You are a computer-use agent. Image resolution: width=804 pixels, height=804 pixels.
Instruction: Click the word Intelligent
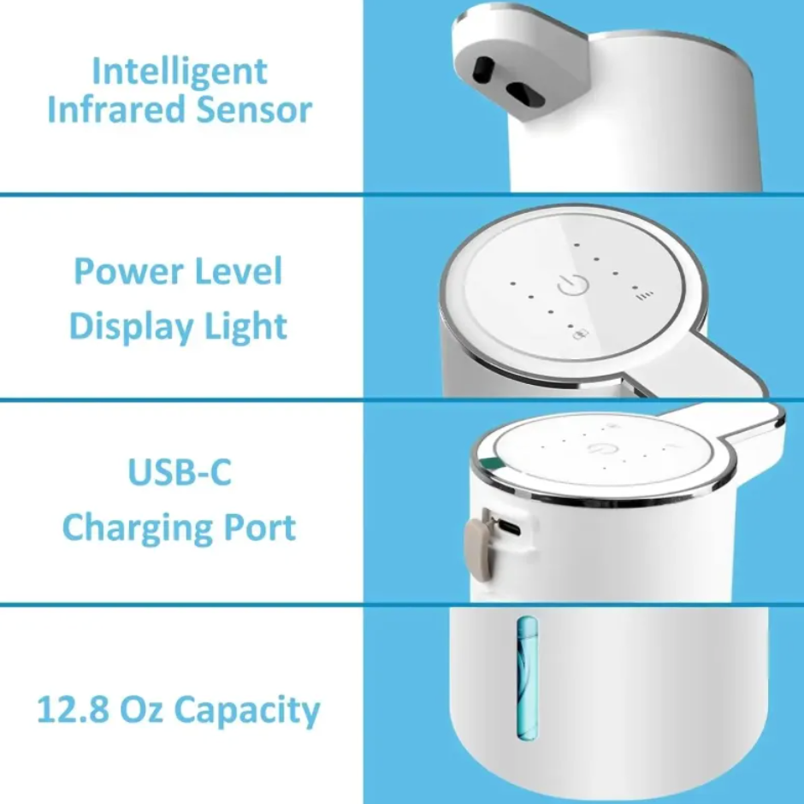(180, 73)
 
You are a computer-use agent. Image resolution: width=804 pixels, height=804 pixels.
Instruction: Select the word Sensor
(254, 109)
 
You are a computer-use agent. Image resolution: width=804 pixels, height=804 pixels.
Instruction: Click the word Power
(129, 271)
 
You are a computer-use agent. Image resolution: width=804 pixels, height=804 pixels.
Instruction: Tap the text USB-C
(180, 472)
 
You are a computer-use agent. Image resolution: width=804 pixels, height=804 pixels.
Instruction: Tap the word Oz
(141, 708)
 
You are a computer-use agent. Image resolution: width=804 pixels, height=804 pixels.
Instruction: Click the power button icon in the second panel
(572, 285)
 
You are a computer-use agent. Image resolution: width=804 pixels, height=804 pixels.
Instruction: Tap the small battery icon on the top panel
(581, 334)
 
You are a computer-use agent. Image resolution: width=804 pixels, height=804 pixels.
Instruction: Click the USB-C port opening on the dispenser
(509, 526)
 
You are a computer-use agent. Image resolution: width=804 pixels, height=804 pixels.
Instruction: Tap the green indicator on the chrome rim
(494, 464)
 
